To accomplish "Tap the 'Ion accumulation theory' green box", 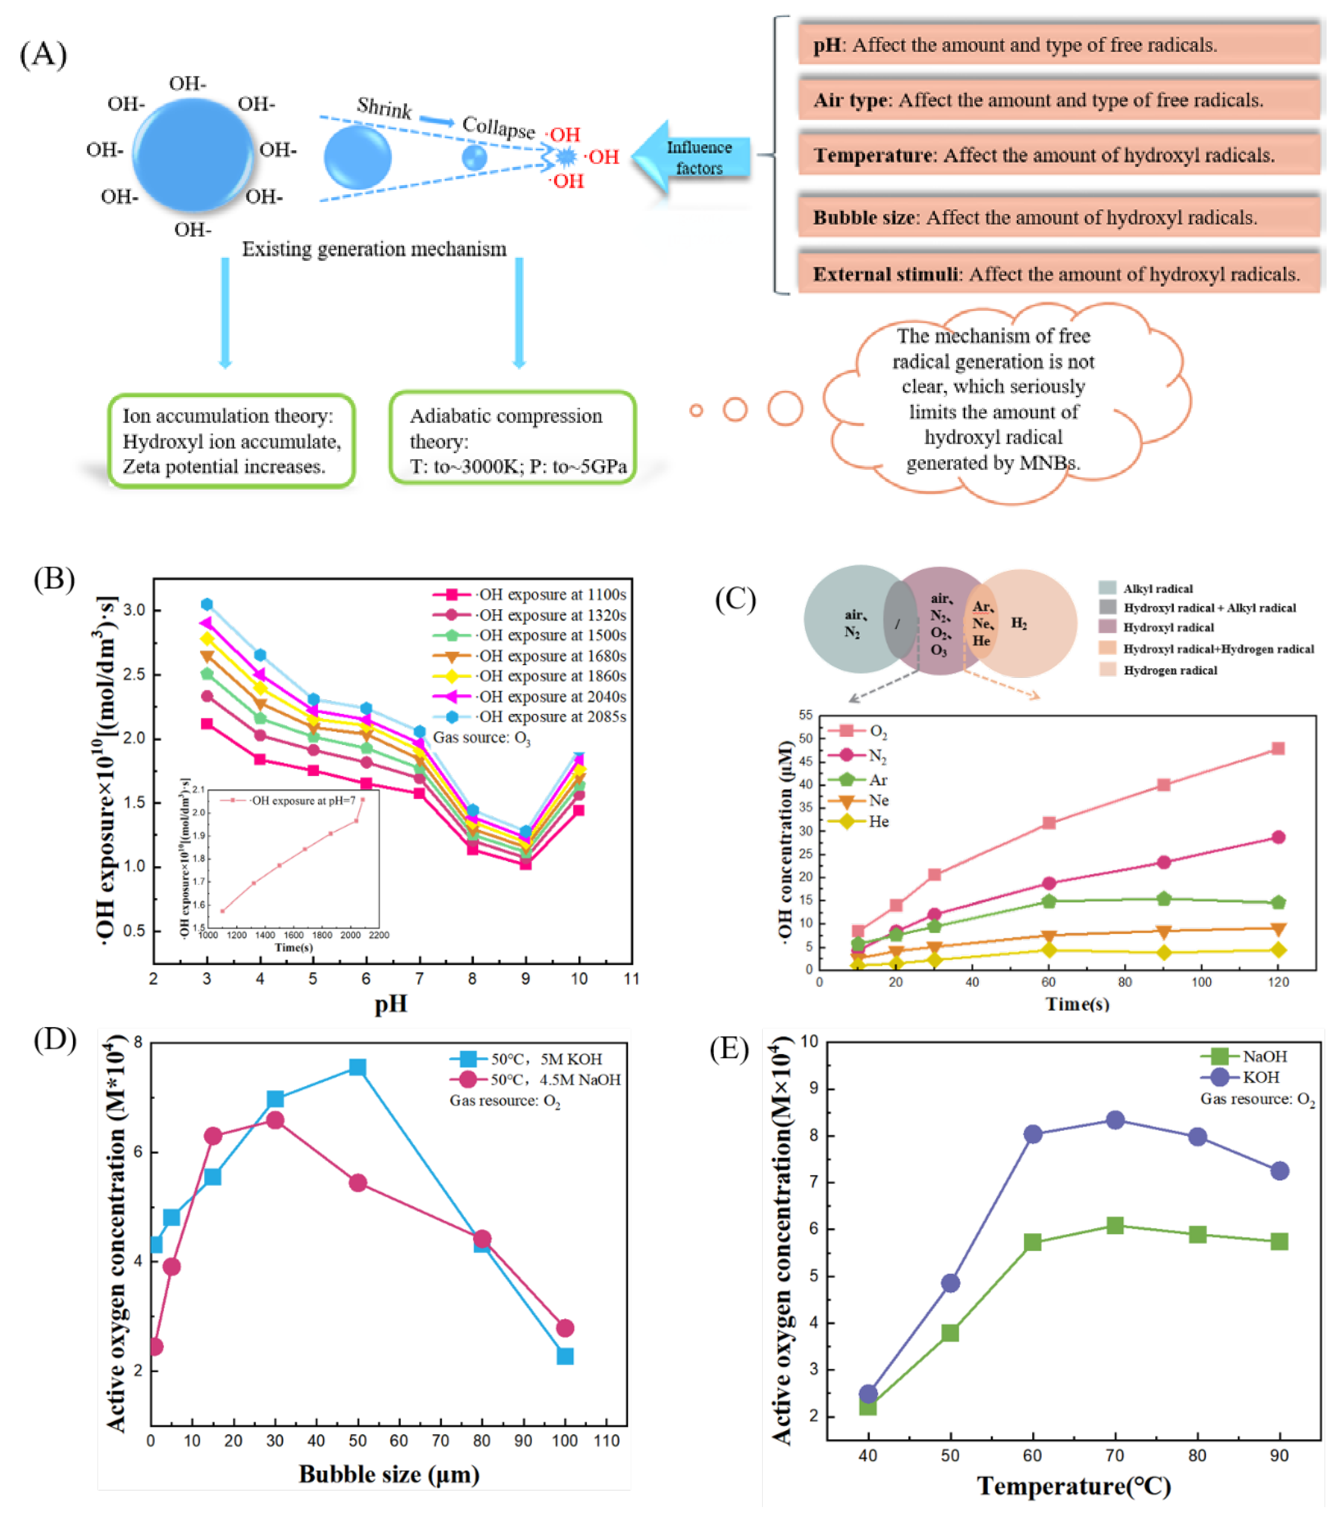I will [x=231, y=440].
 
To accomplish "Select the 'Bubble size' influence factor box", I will [x=1059, y=217].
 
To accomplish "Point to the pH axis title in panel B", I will [x=391, y=1004].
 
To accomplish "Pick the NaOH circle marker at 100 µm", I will [x=565, y=1328].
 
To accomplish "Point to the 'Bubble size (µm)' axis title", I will [x=389, y=1474].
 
